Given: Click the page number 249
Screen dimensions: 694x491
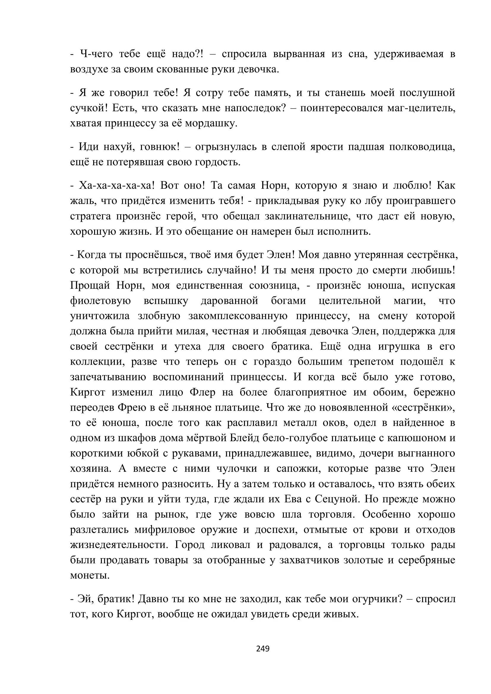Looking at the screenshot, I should (262, 648).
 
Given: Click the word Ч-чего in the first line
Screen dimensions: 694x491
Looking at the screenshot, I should (96, 54).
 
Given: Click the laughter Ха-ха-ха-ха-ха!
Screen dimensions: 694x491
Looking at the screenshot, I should (117, 185).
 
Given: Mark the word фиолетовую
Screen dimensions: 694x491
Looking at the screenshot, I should (100, 301).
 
